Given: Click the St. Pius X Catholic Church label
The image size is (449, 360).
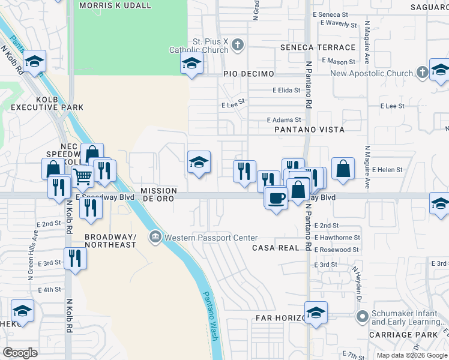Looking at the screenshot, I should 208,46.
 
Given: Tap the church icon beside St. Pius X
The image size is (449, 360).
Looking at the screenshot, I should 238,44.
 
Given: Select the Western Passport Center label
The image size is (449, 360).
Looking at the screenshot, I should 211,238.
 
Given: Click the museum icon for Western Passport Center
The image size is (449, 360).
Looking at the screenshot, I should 156,238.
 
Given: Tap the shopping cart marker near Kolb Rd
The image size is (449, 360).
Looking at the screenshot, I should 82,176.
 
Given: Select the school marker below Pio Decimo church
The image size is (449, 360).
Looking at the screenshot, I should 191,63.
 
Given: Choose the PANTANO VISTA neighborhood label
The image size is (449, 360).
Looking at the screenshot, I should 309,130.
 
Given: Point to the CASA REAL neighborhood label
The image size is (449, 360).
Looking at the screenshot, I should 276,248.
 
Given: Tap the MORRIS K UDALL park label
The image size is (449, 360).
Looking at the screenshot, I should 115,5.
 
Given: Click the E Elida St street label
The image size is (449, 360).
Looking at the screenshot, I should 286,91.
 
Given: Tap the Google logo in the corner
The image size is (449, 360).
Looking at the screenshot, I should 20,353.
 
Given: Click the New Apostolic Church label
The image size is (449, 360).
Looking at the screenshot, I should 372,74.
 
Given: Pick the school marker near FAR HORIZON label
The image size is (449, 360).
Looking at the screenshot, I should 316,312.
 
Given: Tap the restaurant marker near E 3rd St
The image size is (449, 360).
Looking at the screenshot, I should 76,258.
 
